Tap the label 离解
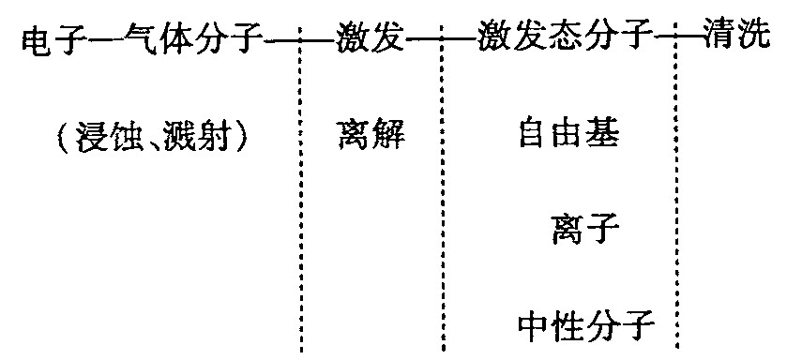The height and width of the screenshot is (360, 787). (x=371, y=138)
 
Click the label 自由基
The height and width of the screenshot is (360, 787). (x=568, y=138)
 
